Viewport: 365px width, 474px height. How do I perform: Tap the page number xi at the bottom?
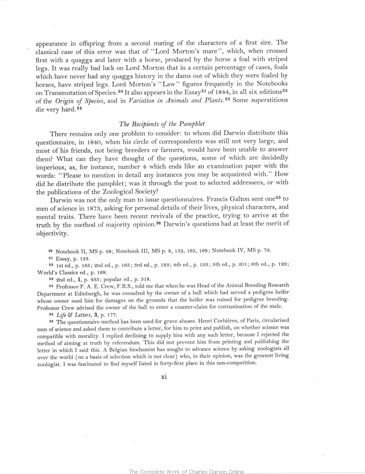[x=164, y=376]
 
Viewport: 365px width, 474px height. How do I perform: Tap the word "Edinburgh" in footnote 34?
[x=85, y=293]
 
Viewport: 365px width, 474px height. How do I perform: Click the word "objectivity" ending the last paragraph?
[x=52, y=234]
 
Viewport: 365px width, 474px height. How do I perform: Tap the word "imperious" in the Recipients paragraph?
[x=51, y=167]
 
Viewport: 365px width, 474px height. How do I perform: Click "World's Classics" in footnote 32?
[x=57, y=272]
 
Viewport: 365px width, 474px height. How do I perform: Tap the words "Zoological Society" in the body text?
[x=133, y=191]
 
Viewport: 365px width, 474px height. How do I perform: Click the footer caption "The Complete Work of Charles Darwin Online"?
[x=186, y=471]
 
